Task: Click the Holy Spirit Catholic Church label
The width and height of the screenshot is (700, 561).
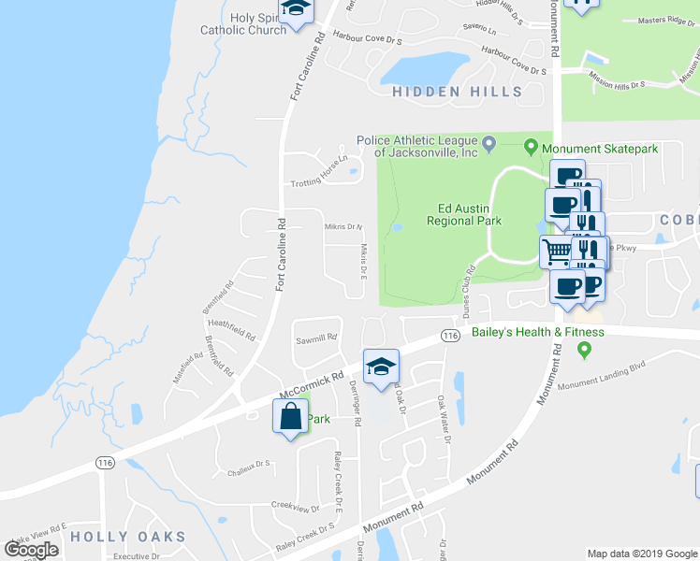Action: [x=243, y=23]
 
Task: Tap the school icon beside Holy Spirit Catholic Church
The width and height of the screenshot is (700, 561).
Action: [x=298, y=10]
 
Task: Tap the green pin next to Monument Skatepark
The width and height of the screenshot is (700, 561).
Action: [x=531, y=148]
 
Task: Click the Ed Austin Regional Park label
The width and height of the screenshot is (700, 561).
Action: [x=464, y=215]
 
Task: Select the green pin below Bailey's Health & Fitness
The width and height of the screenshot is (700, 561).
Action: [x=586, y=351]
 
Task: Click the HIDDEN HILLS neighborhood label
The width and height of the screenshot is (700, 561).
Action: [x=457, y=92]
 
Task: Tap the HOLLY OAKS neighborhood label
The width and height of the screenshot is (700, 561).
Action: [x=128, y=537]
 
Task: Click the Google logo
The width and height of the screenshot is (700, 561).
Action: [x=32, y=550]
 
